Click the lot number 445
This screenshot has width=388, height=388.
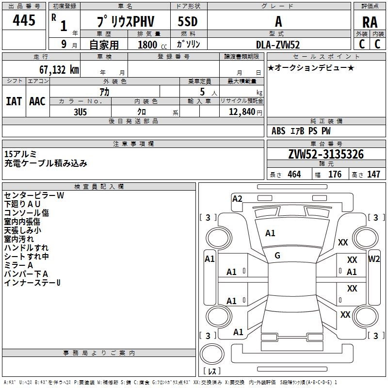tap(24, 20)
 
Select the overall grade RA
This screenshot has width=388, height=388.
tap(370, 22)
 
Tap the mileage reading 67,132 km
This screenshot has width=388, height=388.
tap(59, 70)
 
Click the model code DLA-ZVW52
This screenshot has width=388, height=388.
tap(278, 45)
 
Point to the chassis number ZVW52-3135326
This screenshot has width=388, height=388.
tap(326, 154)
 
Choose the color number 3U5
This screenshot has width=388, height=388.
tap(80, 112)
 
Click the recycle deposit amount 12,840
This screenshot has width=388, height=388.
tap(242, 112)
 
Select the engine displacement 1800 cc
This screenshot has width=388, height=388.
tap(152, 45)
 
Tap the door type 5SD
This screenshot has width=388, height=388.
tap(188, 21)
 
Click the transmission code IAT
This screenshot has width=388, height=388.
tap(14, 101)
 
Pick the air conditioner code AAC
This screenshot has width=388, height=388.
tap(37, 101)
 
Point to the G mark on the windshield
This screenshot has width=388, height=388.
tap(277, 256)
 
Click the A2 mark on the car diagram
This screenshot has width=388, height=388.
tap(237, 199)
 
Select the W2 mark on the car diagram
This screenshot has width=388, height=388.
tap(373, 259)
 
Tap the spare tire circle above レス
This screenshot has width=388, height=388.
tap(212, 354)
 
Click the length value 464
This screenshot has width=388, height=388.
tap(294, 174)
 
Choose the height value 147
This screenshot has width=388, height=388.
tap(373, 174)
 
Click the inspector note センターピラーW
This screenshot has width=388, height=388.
tap(34, 195)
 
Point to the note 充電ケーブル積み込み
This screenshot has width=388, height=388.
tap(46, 163)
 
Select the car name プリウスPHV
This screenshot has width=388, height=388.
tap(126, 21)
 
